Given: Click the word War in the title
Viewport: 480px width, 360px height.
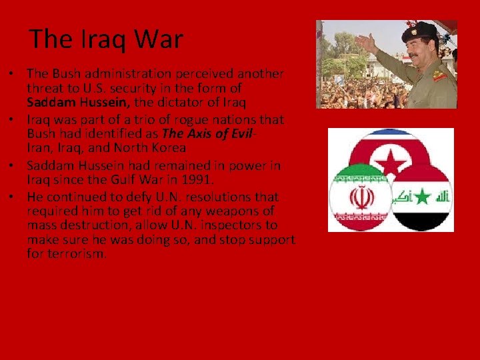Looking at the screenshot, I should (x=158, y=39).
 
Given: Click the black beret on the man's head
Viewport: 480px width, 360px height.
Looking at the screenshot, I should (x=420, y=31).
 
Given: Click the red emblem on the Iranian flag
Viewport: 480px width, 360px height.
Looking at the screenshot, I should (x=361, y=198).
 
